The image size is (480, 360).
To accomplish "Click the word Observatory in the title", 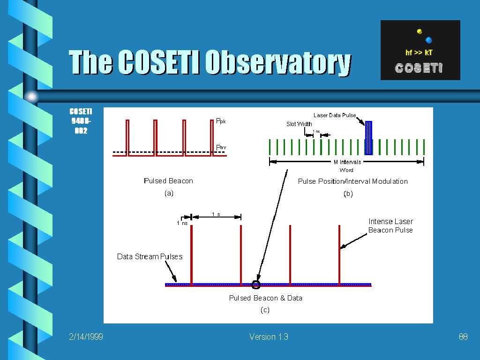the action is (x=277, y=63).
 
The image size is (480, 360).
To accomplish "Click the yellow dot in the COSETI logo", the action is (x=420, y=31).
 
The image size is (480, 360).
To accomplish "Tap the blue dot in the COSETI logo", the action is (x=428, y=40).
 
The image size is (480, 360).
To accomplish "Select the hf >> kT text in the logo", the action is (x=419, y=52).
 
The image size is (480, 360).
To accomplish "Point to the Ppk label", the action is (x=221, y=121).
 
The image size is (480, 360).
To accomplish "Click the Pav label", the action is (x=221, y=147).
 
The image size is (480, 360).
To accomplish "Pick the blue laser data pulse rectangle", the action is (x=368, y=138).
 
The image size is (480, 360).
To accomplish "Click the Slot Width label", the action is (x=299, y=124).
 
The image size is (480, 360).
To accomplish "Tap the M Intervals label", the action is (x=347, y=162).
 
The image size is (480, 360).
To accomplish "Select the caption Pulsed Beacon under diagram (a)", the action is (x=168, y=181).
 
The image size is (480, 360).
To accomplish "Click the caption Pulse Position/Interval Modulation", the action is (x=352, y=181).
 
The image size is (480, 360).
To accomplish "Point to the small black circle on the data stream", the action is (x=256, y=285).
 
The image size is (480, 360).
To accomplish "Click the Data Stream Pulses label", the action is (x=150, y=256).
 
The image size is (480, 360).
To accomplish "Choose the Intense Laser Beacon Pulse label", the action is (x=390, y=225).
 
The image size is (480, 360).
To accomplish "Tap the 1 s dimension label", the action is (x=216, y=214).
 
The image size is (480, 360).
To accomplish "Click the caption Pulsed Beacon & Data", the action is (x=265, y=298).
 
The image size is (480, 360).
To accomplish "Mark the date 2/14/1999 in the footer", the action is (x=86, y=337).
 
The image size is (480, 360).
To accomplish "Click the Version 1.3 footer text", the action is (x=269, y=337).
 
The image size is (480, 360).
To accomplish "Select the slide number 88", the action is (x=463, y=337).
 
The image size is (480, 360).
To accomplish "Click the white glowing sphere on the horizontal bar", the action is (x=31, y=97).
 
